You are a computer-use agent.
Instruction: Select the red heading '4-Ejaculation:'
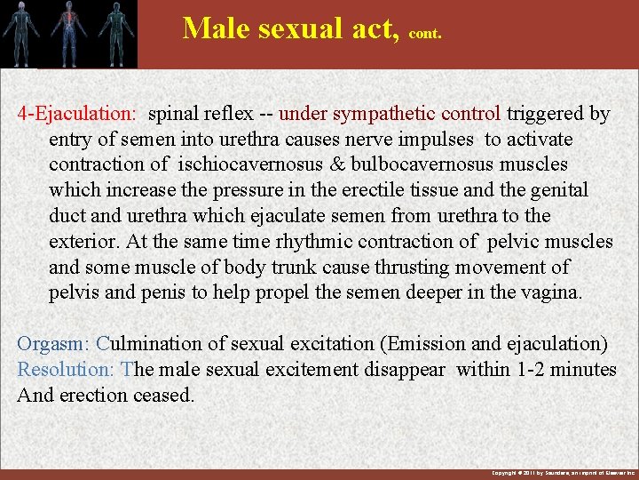pyautogui.click(x=77, y=114)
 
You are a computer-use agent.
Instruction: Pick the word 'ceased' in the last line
pyautogui.click(x=163, y=395)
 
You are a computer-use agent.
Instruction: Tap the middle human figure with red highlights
pyautogui.click(x=69, y=33)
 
